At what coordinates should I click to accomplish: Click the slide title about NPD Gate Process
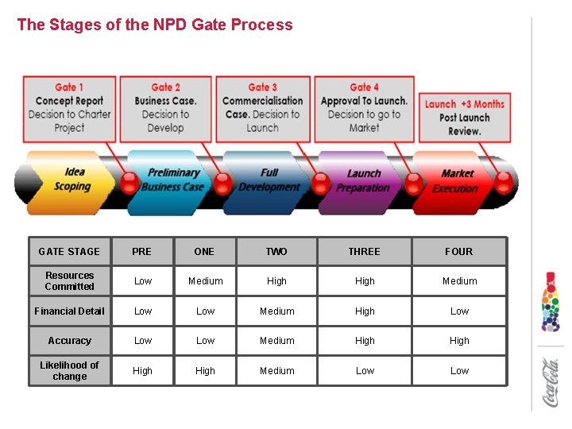155,25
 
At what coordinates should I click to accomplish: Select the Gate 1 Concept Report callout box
69,108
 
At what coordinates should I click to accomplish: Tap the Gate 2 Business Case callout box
165,108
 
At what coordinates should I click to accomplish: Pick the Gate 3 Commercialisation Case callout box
263,108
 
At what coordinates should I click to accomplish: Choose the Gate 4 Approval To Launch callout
364,108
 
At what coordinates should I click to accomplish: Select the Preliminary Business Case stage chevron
172,181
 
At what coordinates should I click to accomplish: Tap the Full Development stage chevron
269,180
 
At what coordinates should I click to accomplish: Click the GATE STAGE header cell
69,252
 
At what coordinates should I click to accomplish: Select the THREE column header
364,252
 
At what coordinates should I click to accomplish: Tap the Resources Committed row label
69,281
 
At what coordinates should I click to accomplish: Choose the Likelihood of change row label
69,371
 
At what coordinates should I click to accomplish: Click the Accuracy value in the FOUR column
459,341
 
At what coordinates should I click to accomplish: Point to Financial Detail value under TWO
276,311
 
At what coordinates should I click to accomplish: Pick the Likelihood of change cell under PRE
142,371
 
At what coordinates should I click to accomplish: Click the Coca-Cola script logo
551,383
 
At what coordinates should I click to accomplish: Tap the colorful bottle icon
551,302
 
